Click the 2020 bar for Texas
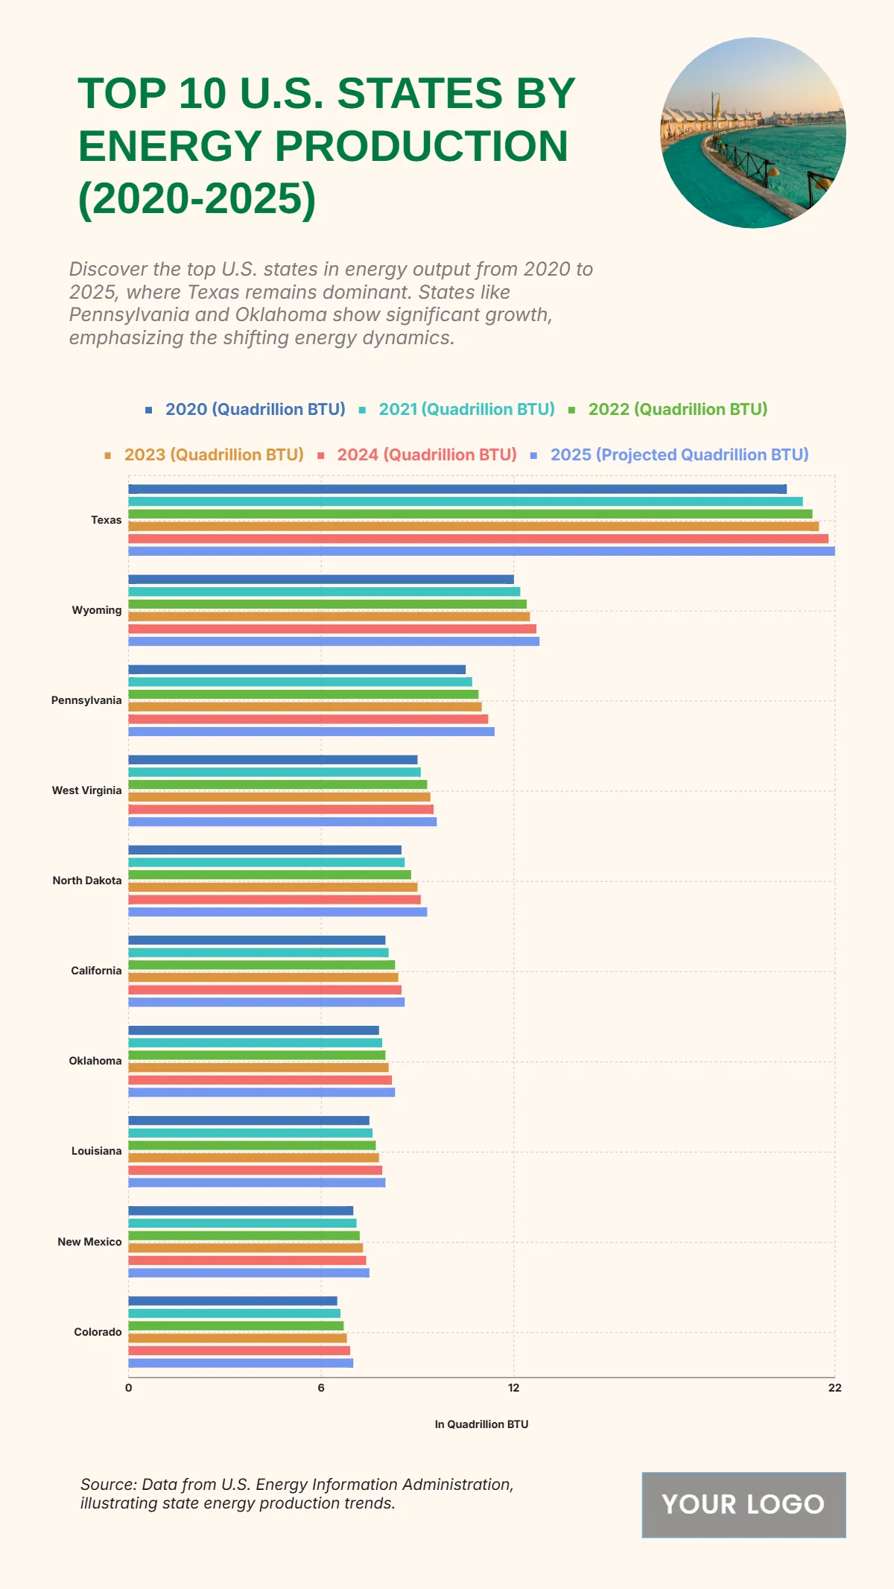pos(457,489)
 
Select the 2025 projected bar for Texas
pos(481,551)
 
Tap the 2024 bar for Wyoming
pos(332,629)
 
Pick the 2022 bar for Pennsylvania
pos(303,694)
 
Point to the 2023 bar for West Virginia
pos(279,797)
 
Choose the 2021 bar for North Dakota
pos(267,863)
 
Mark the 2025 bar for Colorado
pos(241,1363)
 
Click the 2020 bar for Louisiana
pos(249,1120)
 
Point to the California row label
pos(96,971)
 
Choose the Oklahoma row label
pos(95,1061)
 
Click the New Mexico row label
pos(89,1242)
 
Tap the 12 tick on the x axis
pos(513,1388)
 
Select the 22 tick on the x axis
pos(834,1388)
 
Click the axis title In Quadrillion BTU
pos(481,1424)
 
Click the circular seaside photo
pos(753,133)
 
